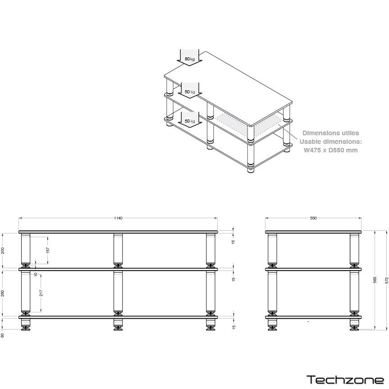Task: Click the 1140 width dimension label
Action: click(119, 218)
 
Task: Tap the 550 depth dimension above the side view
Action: click(313, 218)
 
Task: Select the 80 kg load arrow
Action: click(189, 58)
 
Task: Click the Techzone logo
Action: click(345, 380)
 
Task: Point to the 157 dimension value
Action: click(48, 250)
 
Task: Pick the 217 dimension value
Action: click(41, 293)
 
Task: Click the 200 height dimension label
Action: click(3, 251)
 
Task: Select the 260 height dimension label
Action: click(3, 293)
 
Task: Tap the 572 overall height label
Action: click(386, 280)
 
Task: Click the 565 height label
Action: click(375, 280)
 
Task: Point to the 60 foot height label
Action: click(3, 335)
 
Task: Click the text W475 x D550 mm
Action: click(331, 150)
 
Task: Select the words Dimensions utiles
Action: click(331, 133)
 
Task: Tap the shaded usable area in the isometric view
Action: click(248, 124)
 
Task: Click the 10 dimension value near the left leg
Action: click(36, 275)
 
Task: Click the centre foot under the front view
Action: click(118, 325)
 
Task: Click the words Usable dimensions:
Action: click(331, 142)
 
